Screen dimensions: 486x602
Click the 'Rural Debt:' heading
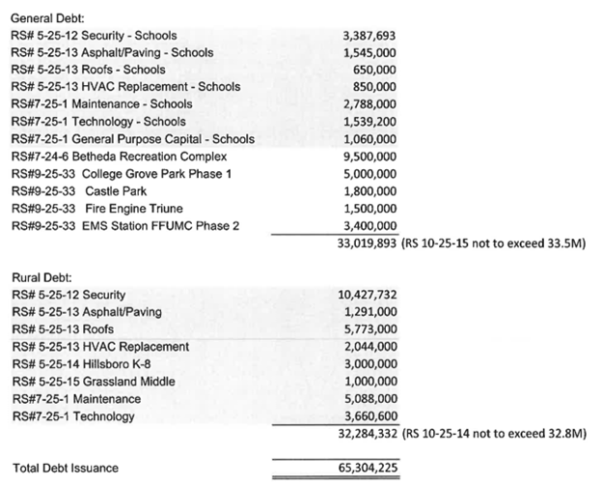tap(44, 276)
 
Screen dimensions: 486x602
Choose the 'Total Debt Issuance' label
tap(65, 468)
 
